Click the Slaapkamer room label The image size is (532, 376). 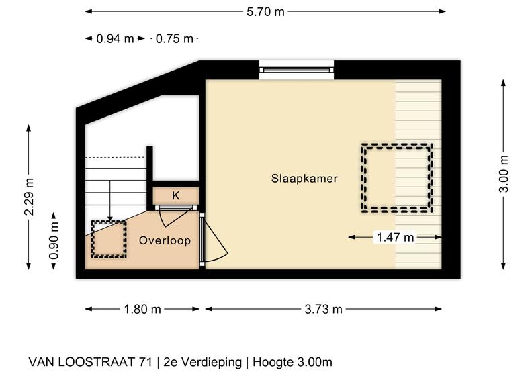tap(304, 179)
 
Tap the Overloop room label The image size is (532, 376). tap(165, 240)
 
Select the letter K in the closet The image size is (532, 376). tap(176, 195)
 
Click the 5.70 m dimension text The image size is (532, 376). tap(265, 12)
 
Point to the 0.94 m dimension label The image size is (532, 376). tap(115, 39)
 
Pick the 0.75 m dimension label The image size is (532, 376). tap(175, 39)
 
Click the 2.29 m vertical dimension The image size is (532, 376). tap(29, 197)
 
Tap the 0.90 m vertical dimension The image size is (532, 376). tap(54, 240)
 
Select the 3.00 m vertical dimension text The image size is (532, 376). tap(504, 174)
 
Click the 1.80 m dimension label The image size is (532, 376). tap(142, 309)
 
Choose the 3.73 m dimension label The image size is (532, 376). tap(323, 309)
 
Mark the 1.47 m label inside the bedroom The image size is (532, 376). tap(395, 237)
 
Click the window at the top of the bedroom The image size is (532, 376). tap(297, 70)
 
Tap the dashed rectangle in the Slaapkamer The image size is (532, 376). tap(396, 145)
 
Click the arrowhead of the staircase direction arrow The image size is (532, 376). tap(109, 219)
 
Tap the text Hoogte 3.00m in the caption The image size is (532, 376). tap(292, 362)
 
